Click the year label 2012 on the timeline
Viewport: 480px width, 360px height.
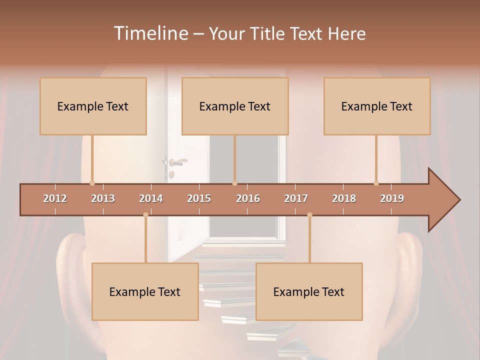(x=55, y=198)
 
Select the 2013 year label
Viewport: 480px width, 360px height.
(x=103, y=198)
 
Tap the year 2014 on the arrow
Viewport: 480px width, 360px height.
(x=151, y=198)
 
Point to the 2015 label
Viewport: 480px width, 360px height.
(x=199, y=198)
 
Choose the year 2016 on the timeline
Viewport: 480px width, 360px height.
(x=248, y=198)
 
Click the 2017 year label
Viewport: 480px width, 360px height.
(x=296, y=198)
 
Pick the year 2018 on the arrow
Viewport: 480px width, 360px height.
(x=344, y=198)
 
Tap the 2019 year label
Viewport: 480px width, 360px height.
(x=392, y=198)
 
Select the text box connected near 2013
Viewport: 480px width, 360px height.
(x=93, y=106)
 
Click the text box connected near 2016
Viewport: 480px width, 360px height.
(x=235, y=106)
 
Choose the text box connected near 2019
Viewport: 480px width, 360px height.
(x=377, y=106)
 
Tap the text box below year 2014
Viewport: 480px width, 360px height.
(x=145, y=291)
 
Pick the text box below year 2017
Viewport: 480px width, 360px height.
(x=309, y=291)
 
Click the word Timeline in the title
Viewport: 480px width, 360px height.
(x=150, y=33)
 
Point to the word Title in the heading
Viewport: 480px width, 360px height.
(x=269, y=33)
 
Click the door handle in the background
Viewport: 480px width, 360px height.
(x=176, y=161)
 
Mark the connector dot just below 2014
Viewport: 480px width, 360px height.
(x=145, y=215)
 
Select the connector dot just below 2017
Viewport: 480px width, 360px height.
(x=309, y=215)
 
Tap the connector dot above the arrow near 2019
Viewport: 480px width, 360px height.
(x=376, y=183)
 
